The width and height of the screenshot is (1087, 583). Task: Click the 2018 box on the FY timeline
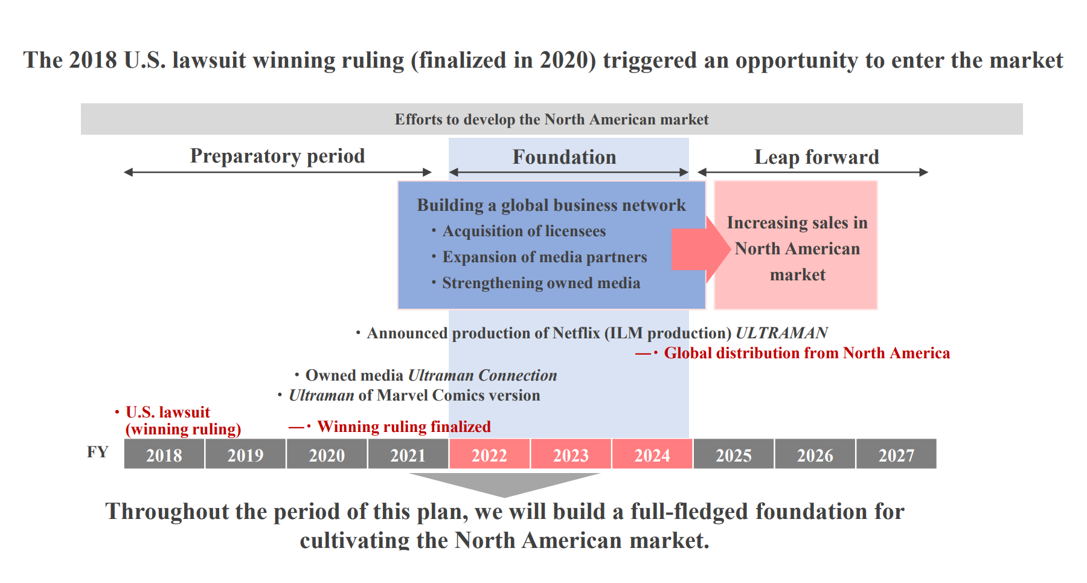click(x=164, y=454)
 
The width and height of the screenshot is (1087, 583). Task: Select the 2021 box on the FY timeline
click(x=408, y=454)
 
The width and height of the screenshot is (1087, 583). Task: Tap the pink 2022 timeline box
click(x=489, y=454)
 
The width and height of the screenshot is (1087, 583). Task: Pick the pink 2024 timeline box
click(x=652, y=454)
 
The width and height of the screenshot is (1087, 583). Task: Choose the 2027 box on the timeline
click(x=896, y=454)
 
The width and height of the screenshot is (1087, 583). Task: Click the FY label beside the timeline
click(x=97, y=452)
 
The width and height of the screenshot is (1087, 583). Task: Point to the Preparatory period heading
click(x=277, y=156)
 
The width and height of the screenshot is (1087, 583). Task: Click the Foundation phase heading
click(x=564, y=157)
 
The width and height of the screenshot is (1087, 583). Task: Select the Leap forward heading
click(x=816, y=157)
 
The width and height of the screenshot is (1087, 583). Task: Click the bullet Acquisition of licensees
click(x=524, y=231)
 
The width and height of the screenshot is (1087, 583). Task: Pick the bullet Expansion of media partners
click(x=544, y=257)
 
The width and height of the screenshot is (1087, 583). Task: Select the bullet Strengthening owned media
click(x=540, y=283)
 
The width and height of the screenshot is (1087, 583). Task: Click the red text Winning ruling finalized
click(x=403, y=427)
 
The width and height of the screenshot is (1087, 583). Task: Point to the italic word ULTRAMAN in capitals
click(x=781, y=333)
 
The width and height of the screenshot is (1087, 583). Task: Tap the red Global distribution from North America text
click(x=807, y=353)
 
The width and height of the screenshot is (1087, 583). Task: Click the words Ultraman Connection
click(x=483, y=376)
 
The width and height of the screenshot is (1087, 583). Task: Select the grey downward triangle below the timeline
click(x=504, y=483)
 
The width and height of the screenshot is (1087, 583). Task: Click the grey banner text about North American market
click(x=551, y=120)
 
